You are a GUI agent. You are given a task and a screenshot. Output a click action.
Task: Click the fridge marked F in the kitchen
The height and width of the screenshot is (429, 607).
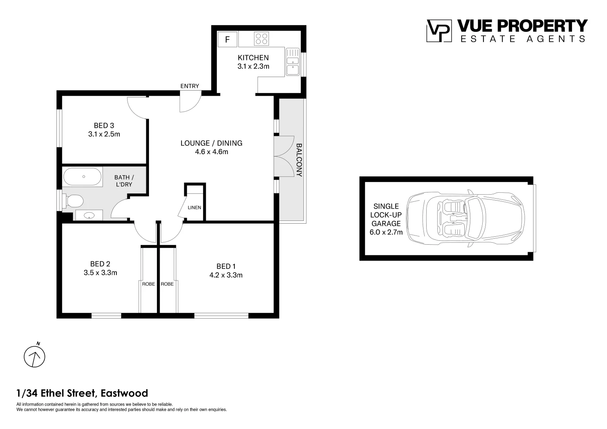(x=227, y=40)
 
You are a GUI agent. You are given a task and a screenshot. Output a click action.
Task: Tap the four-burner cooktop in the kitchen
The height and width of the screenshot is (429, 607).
(x=261, y=39)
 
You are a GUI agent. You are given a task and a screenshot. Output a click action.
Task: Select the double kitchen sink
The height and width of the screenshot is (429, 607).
(x=293, y=62)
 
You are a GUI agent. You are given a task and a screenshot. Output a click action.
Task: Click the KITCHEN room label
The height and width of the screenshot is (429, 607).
(x=253, y=58)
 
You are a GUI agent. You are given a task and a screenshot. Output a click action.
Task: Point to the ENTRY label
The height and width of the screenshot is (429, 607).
(x=190, y=86)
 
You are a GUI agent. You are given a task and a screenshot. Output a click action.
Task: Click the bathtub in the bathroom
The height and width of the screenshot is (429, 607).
(x=82, y=177)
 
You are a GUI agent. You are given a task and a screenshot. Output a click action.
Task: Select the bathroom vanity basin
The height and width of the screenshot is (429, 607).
(x=89, y=215)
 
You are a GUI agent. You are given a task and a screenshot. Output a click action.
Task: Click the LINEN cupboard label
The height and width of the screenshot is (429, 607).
(x=194, y=208)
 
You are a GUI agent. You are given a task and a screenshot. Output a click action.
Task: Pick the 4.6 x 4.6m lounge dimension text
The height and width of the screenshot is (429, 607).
(x=212, y=152)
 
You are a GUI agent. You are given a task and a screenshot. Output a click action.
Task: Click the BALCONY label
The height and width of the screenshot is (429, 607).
(x=299, y=160)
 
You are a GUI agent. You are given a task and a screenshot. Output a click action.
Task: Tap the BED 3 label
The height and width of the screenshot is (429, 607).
(x=104, y=126)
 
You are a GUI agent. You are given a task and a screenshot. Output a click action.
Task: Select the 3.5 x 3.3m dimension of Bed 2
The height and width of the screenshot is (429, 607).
(x=100, y=272)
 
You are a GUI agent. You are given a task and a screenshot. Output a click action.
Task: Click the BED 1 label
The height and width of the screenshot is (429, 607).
(x=226, y=267)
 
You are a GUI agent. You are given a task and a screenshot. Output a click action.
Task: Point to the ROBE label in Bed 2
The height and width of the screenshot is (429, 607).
(x=149, y=284)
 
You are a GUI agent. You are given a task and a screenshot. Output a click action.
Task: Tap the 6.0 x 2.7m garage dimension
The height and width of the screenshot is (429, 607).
(x=386, y=232)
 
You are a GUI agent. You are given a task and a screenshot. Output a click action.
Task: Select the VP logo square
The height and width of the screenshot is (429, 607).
(x=439, y=31)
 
